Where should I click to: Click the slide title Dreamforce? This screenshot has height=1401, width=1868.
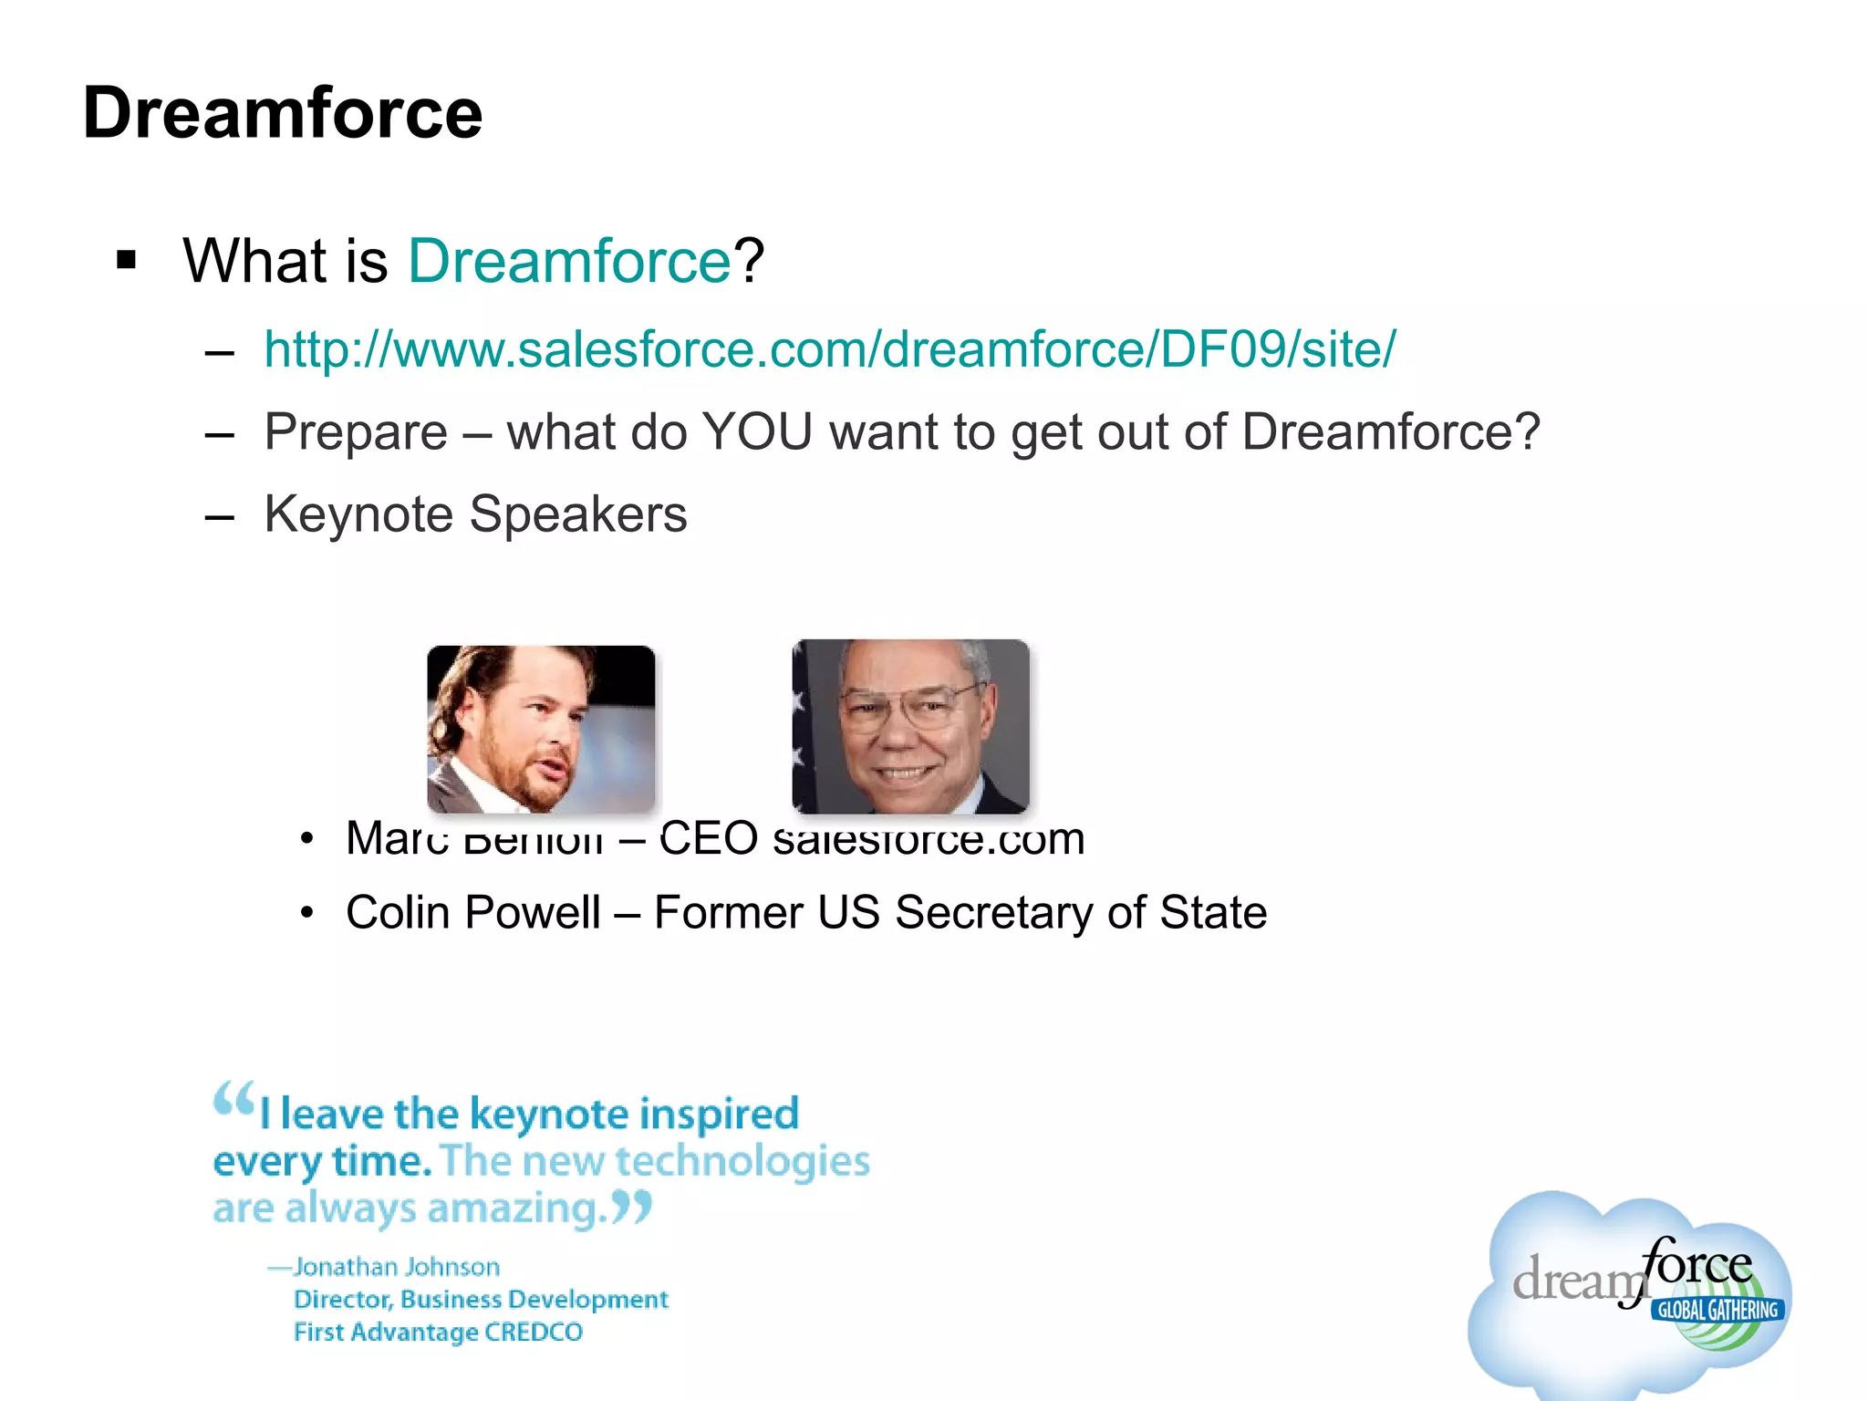click(x=283, y=113)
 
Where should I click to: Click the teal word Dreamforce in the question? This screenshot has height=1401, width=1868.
click(x=569, y=262)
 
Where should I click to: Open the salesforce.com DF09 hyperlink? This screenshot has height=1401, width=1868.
click(x=829, y=349)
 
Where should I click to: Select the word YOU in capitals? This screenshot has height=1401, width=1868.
click(x=757, y=431)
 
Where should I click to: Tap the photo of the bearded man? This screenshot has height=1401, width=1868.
click(x=541, y=729)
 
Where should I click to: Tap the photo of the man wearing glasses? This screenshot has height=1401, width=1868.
click(x=910, y=727)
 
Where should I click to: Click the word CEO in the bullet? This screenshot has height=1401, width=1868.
click(x=709, y=837)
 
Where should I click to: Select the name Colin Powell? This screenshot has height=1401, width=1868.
click(x=472, y=912)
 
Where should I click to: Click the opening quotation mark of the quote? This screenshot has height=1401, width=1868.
click(x=233, y=1099)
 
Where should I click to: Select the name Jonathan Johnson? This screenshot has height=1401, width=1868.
click(x=397, y=1267)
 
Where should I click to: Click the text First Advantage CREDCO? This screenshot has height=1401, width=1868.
click(x=438, y=1332)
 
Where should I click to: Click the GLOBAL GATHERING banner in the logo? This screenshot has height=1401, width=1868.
click(x=1718, y=1310)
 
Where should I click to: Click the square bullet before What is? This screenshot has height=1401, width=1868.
click(x=127, y=261)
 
